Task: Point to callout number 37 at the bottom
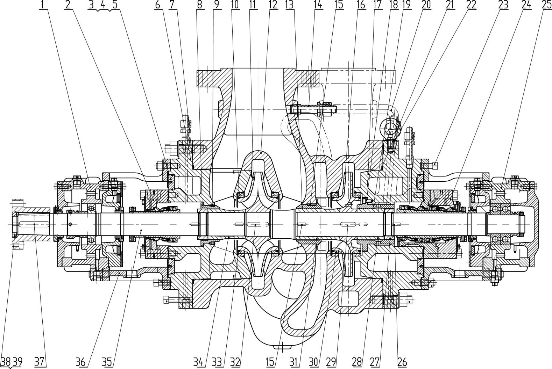[40, 362]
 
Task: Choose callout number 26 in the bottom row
[402, 362]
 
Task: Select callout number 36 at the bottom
[81, 362]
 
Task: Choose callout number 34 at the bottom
[199, 362]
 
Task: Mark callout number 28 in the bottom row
[357, 362]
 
